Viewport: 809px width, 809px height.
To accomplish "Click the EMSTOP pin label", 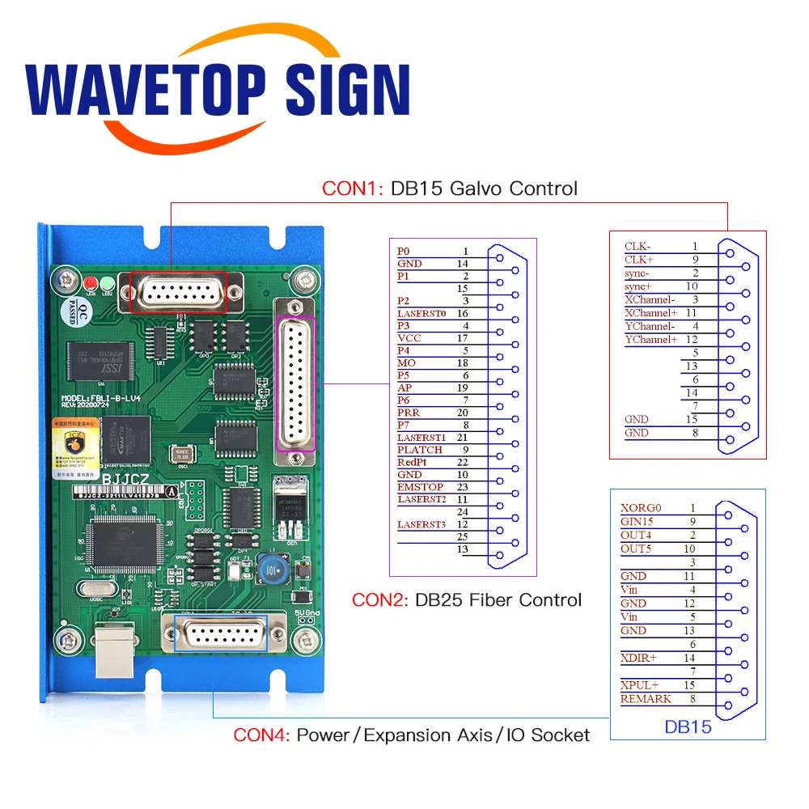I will tap(420, 487).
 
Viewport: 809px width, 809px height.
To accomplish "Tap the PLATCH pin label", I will tap(419, 450).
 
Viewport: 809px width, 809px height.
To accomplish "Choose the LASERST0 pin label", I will tap(421, 313).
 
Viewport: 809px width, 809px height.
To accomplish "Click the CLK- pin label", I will tap(638, 246).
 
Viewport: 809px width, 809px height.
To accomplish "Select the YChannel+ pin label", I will tap(650, 340).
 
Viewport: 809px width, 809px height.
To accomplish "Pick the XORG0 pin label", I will tap(641, 508).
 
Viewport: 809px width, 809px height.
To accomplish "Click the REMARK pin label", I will tap(646, 699).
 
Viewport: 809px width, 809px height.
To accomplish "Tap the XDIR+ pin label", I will tap(638, 658).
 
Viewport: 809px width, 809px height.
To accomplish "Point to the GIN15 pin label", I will tap(637, 522).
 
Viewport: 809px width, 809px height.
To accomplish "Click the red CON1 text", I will tap(349, 188).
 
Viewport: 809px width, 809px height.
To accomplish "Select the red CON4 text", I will tap(260, 735).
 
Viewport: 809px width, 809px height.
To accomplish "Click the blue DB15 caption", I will tap(688, 726).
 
